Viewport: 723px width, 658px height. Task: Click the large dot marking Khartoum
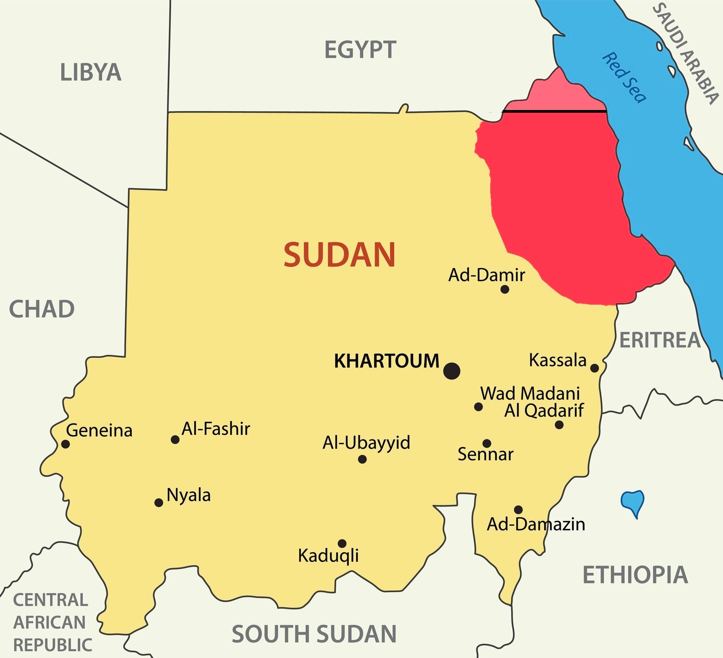(x=452, y=371)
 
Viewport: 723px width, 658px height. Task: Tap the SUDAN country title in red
(x=339, y=255)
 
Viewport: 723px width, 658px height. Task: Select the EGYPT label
(x=360, y=50)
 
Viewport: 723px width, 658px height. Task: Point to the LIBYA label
(x=90, y=73)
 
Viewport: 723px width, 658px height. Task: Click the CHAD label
(x=42, y=309)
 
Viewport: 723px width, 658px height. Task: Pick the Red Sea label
(x=624, y=77)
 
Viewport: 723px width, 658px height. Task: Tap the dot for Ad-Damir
(x=505, y=289)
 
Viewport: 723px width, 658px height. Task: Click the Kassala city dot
(x=594, y=368)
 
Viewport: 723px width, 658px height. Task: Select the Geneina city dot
(x=66, y=444)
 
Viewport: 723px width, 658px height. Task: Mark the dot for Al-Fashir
(x=175, y=439)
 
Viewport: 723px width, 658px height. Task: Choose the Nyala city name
(x=189, y=495)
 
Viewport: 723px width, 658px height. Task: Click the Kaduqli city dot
(x=342, y=544)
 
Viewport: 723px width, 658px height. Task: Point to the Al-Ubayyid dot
(x=363, y=459)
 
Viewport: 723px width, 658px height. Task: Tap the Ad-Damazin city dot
(x=518, y=510)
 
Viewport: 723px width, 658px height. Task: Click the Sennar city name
(x=485, y=454)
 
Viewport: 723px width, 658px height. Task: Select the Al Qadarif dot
(x=559, y=425)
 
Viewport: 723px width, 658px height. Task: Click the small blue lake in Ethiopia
(x=633, y=502)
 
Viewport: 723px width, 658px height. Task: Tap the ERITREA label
(x=660, y=340)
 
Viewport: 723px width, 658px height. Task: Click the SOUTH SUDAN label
(x=314, y=634)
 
